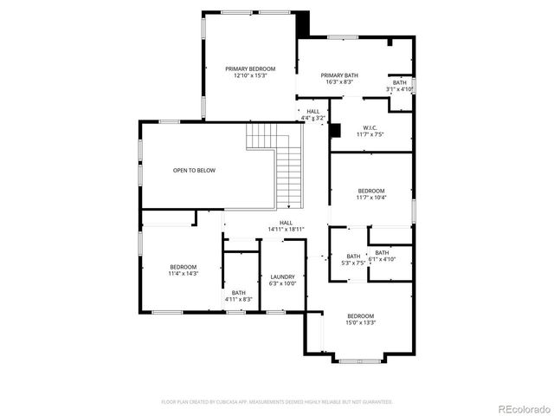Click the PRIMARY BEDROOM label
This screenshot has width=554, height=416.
click(250, 68)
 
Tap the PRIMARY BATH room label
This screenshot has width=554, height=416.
click(339, 75)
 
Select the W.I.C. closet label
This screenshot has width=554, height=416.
click(369, 127)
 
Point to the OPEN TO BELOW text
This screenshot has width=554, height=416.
click(194, 170)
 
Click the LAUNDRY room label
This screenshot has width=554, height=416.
click(282, 276)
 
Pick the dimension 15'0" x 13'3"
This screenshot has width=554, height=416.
click(361, 322)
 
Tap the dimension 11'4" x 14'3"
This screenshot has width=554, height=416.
click(183, 273)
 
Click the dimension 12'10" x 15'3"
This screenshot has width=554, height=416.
click(250, 75)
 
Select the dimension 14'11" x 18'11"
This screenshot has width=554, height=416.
click(286, 229)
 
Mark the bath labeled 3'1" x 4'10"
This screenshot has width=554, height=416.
click(400, 89)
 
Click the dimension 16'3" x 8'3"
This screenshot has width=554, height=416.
click(339, 82)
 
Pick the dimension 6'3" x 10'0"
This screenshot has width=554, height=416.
click(282, 283)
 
